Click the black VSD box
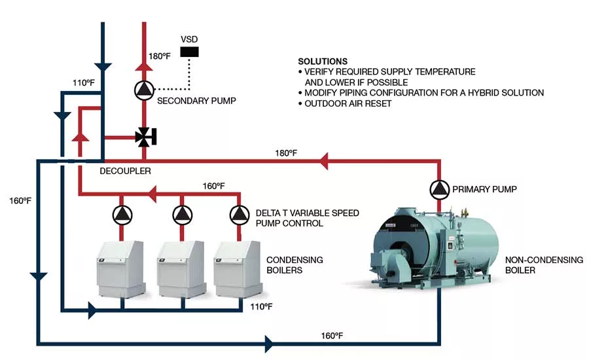coord(189,52)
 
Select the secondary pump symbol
coord(144,90)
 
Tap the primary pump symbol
coord(440,189)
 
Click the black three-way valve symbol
coord(145,137)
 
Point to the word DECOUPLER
coord(125,171)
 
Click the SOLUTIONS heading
coord(323,62)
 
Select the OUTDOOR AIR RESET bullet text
coord(348,103)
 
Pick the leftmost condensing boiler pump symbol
coord(122,215)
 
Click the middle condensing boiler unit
coord(181,269)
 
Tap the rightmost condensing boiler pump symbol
coord(240,215)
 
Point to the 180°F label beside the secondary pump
coord(160,56)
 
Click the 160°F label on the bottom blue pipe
coord(332,336)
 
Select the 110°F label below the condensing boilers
coord(262,306)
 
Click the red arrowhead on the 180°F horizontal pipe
coord(324,161)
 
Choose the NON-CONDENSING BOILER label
coord(544,265)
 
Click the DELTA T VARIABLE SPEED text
coord(308,213)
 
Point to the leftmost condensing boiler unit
coord(121,269)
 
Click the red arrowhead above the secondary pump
coord(144,67)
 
